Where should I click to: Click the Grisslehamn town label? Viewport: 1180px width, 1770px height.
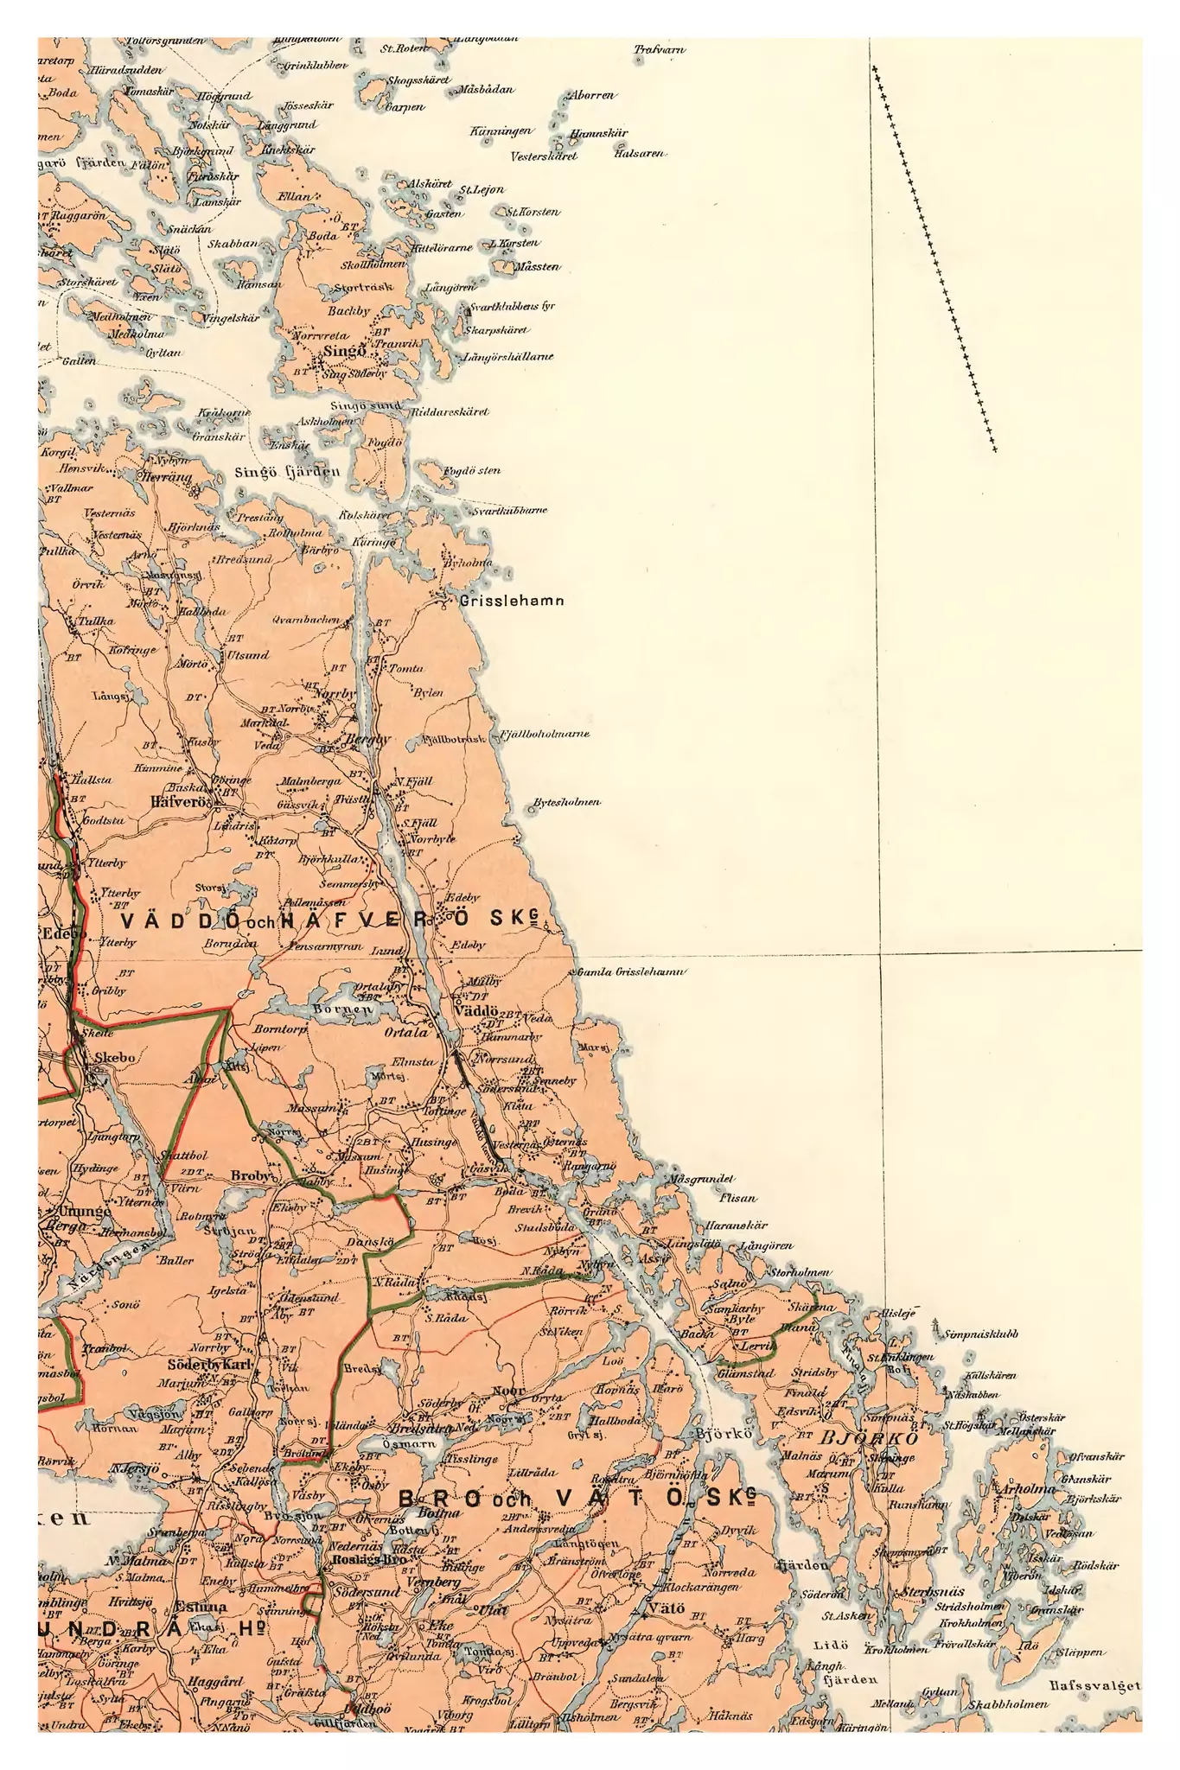pyautogui.click(x=512, y=601)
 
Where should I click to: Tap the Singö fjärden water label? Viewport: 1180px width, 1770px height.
pyautogui.click(x=287, y=473)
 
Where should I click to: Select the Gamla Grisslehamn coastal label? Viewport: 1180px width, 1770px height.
pyautogui.click(x=631, y=972)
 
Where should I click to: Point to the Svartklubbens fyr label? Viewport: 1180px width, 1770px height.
pyautogui.click(x=511, y=307)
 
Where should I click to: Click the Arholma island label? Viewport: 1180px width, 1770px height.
pyautogui.click(x=1025, y=1489)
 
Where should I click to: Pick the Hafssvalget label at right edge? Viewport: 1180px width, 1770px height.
pyautogui.click(x=1095, y=1685)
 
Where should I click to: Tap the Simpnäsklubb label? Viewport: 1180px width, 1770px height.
pyautogui.click(x=981, y=1334)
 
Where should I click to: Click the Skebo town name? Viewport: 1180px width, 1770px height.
pyautogui.click(x=115, y=1056)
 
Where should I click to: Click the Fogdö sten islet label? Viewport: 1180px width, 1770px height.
pyautogui.click(x=472, y=471)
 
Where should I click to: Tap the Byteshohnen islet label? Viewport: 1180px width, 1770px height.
pyautogui.click(x=566, y=802)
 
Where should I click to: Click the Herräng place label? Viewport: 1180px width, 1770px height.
pyautogui.click(x=167, y=477)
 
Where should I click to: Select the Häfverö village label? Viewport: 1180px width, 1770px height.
pyautogui.click(x=181, y=801)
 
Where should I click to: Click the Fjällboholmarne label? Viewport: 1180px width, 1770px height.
pyautogui.click(x=545, y=734)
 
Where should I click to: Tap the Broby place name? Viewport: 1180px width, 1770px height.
pyautogui.click(x=252, y=1176)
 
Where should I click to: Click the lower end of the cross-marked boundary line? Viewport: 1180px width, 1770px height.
pyautogui.click(x=994, y=450)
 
